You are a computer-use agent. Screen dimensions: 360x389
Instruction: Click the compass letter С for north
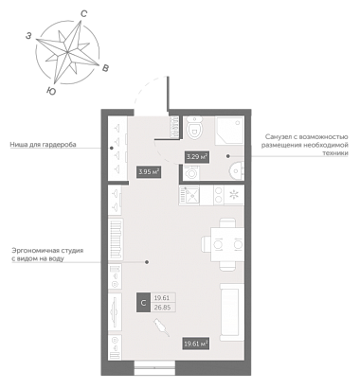pos(84,13)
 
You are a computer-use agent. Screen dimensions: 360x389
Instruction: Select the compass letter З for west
pos(28,36)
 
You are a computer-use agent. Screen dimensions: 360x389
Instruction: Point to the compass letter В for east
pos(106,67)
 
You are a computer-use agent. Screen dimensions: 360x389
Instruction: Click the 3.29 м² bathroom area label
pos(197,156)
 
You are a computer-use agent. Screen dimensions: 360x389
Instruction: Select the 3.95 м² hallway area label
pos(149,172)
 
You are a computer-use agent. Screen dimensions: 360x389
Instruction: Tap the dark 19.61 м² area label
pos(196,344)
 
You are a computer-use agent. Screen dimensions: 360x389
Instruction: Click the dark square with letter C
pos(143,303)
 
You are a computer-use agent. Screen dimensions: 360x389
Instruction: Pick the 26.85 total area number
pos(162,308)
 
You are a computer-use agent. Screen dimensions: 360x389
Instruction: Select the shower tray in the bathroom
pos(229,131)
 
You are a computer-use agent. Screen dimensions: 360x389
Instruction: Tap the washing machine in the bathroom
pos(191,172)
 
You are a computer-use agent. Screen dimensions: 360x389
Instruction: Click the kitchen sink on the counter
pos(189,196)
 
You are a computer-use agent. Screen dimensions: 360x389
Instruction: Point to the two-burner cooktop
pos(218,196)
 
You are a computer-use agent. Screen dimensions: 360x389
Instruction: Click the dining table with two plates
pos(227,244)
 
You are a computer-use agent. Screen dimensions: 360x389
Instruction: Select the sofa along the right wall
pos(232,312)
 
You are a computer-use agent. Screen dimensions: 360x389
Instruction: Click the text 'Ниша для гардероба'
pos(43,145)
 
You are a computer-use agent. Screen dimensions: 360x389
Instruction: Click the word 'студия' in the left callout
pos(72,251)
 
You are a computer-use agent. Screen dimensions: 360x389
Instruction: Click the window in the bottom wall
pos(154,368)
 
